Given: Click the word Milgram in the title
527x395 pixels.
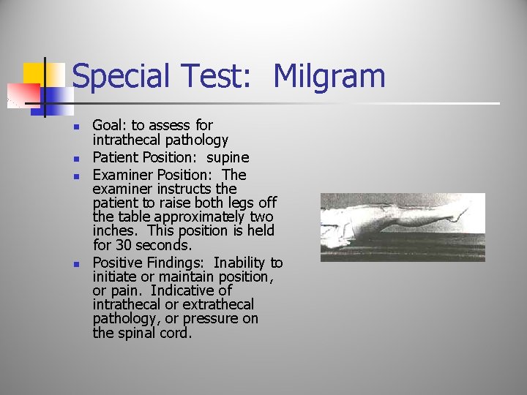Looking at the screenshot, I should click(x=329, y=77).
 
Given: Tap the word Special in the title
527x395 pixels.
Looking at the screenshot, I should click(x=120, y=77).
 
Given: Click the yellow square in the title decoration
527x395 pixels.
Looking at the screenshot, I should click(x=33, y=74).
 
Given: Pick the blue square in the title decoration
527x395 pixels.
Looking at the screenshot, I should click(x=51, y=94).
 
